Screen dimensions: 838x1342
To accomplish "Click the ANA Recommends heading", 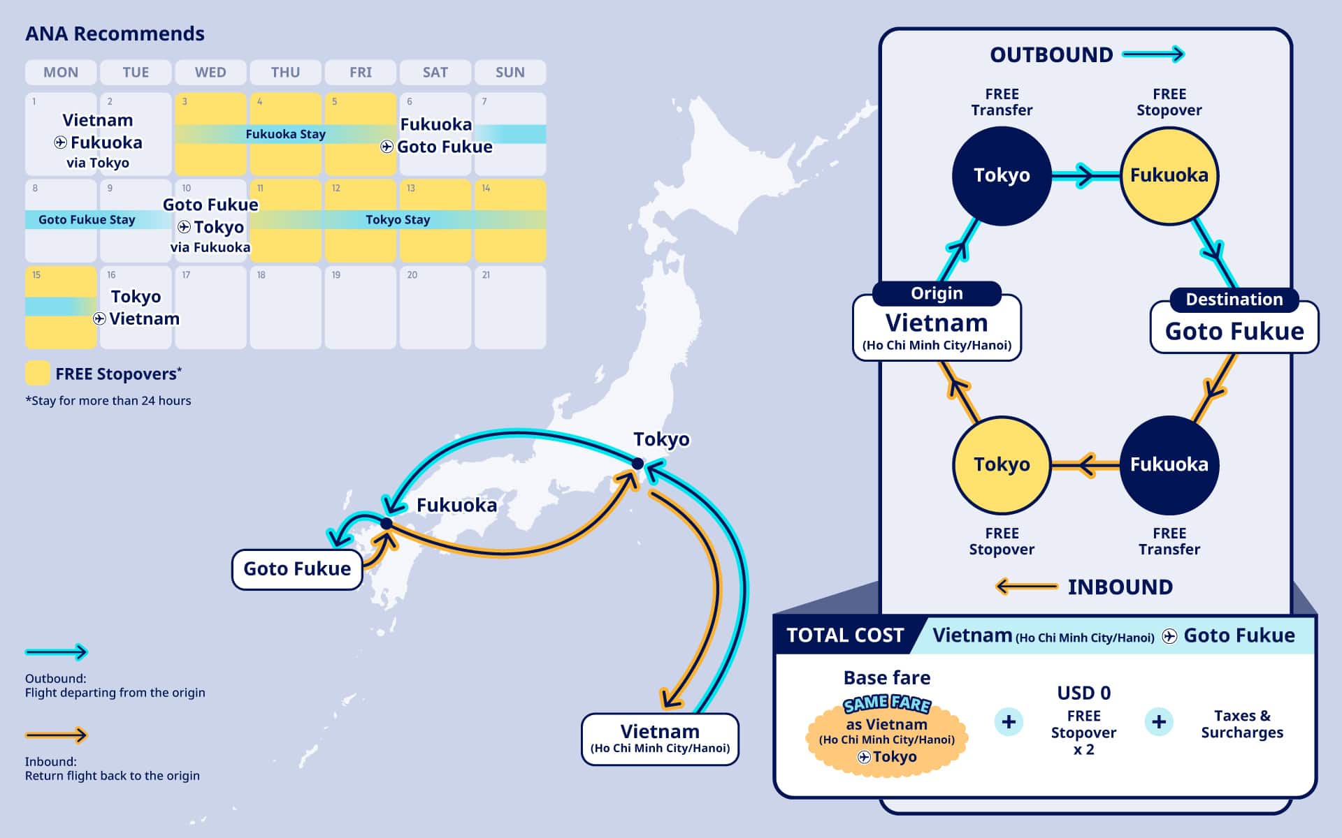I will (115, 34).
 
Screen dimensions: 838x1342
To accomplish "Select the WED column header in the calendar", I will (210, 72).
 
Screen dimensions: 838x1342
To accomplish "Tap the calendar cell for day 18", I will (285, 307).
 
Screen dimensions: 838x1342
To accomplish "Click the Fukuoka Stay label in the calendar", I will (285, 134).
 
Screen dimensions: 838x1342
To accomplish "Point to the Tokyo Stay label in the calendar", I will (398, 220).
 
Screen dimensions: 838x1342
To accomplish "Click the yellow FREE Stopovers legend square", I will (37, 373).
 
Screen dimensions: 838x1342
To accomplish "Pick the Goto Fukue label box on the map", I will (297, 569).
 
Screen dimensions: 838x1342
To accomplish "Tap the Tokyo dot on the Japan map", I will (637, 464).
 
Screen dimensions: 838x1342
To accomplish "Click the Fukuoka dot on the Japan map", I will (387, 523).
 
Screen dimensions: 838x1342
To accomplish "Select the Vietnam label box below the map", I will (660, 739).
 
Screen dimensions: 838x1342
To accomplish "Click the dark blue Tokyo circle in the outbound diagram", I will (1002, 175).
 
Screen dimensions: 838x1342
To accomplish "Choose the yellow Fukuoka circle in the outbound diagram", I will (1169, 175).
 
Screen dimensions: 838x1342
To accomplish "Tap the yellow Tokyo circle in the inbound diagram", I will (1002, 464).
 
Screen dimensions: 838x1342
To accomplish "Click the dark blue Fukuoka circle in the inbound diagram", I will (1169, 464).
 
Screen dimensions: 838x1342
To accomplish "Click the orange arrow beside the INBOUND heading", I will (1026, 587).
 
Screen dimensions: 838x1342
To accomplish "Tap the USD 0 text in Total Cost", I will (1083, 693).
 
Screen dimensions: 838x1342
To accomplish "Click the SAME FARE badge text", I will (886, 704).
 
